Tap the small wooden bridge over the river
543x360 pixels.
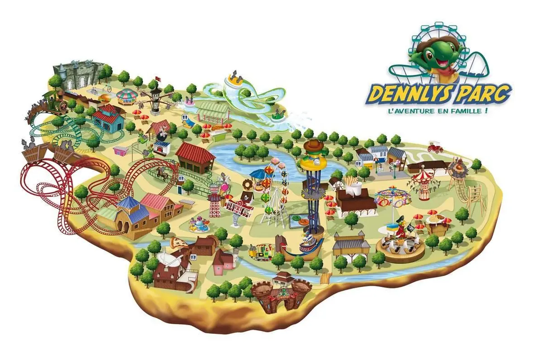[324, 277]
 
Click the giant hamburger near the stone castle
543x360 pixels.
[104, 98]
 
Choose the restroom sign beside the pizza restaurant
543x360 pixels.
[194, 257]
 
